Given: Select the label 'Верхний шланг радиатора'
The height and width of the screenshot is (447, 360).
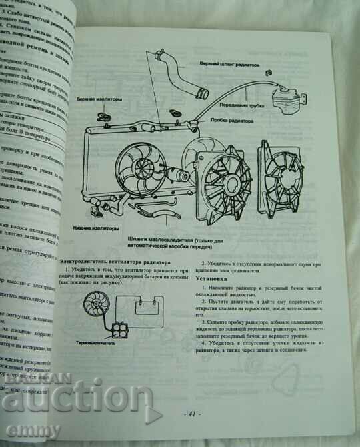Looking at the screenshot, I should [x=230, y=65].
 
